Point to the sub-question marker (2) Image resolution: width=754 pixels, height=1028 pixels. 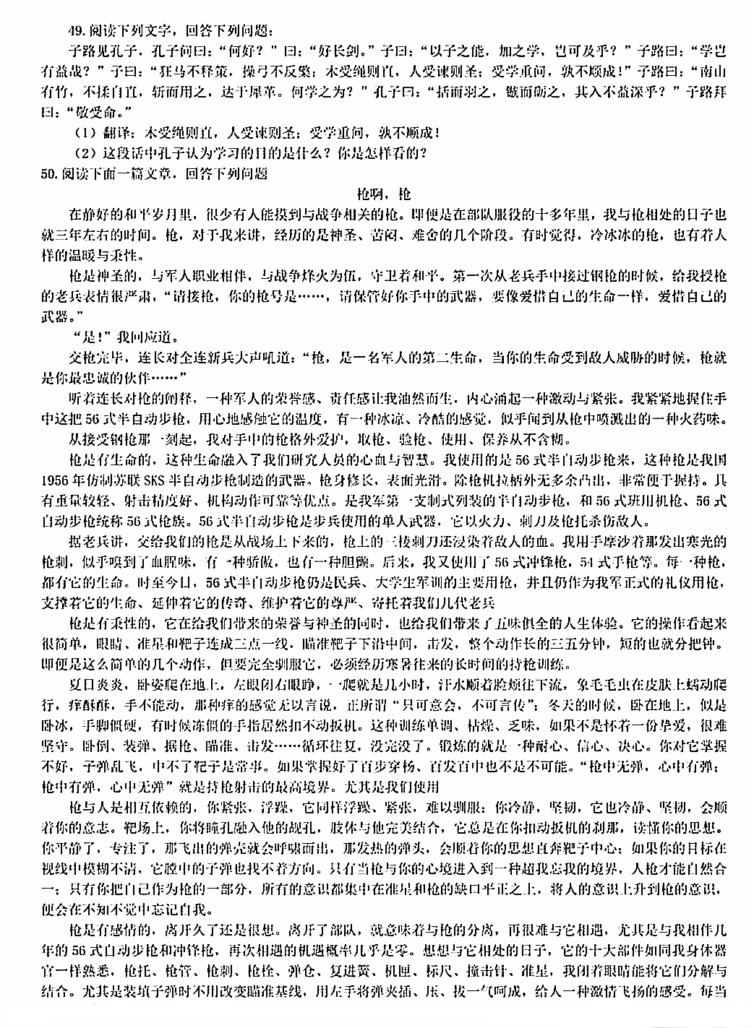85,153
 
